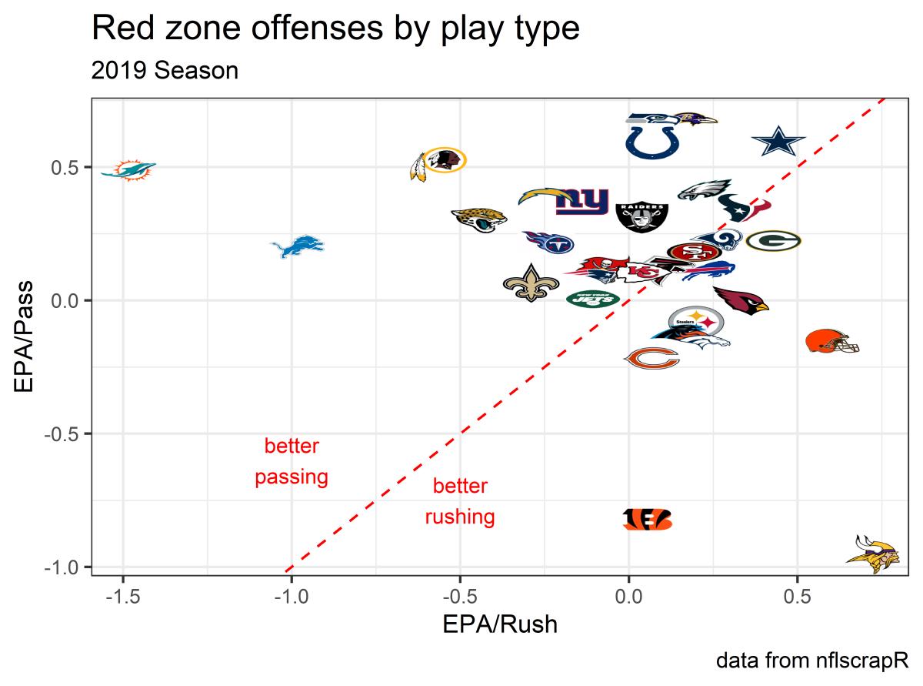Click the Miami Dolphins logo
tap(128, 169)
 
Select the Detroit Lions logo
tap(297, 247)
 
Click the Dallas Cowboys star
tap(778, 142)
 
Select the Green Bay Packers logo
tap(773, 241)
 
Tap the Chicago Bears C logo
tap(651, 358)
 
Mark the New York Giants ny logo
tap(582, 202)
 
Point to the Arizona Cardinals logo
tap(740, 301)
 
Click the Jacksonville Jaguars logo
tap(478, 219)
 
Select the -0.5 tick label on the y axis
tap(63, 433)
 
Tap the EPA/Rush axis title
tap(499, 624)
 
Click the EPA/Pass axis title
tap(25, 336)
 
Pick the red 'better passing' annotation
tap(292, 462)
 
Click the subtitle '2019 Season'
tap(165, 71)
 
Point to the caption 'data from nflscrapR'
tap(813, 660)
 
